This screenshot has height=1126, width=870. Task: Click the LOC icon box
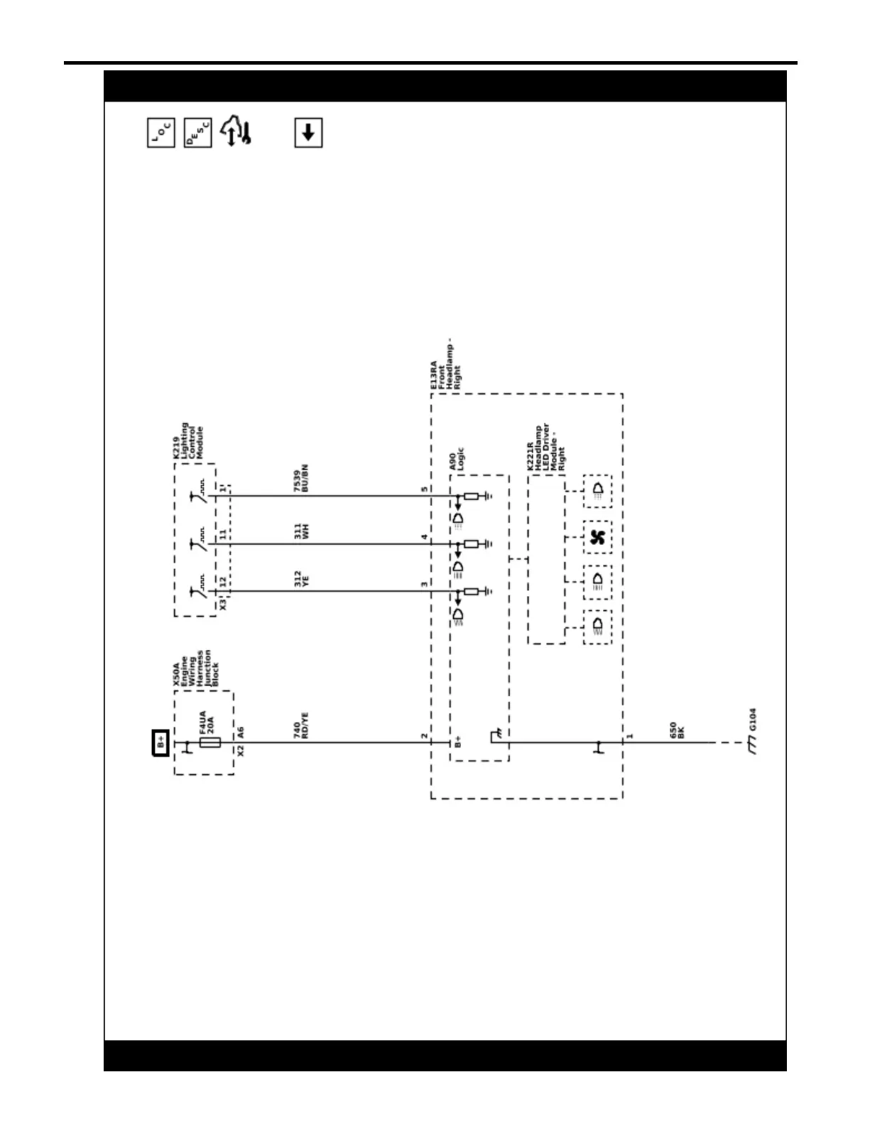[x=161, y=133]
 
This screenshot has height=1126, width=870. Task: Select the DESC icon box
[x=197, y=133]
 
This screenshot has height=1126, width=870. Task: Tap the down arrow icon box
[x=308, y=133]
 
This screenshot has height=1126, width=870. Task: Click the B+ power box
[x=161, y=743]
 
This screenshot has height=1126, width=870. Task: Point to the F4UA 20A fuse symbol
[x=210, y=742]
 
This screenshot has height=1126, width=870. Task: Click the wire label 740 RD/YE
[x=301, y=725]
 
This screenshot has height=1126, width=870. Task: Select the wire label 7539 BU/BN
[x=301, y=478]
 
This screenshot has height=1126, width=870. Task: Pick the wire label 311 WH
[x=301, y=531]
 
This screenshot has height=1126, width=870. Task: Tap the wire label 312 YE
[x=301, y=578]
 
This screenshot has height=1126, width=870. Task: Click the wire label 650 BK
[x=677, y=730]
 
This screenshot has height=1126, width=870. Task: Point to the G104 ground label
[x=753, y=719]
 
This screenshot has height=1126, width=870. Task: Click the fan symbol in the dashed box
[x=597, y=537]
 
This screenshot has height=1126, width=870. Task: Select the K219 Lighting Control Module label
[x=188, y=441]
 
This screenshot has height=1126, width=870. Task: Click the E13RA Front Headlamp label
[x=445, y=365]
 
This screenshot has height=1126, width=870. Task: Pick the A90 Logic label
[x=457, y=460]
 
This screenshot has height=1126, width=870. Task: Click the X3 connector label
[x=223, y=605]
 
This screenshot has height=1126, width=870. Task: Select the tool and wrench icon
[x=236, y=132]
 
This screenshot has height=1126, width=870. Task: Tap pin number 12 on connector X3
[x=223, y=582]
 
